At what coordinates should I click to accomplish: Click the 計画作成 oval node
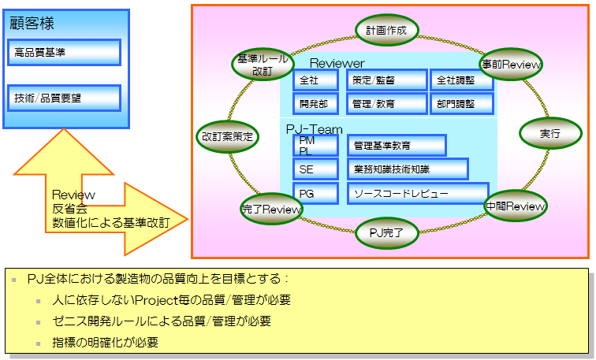click(x=386, y=31)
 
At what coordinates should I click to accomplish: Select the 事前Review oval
click(x=509, y=65)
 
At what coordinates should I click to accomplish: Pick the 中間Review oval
click(x=515, y=206)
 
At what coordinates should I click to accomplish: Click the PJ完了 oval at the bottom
click(x=386, y=232)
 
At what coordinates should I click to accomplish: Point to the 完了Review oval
click(x=271, y=209)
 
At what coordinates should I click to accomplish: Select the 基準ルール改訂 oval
click(x=263, y=65)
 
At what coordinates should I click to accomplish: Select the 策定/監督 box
click(x=386, y=80)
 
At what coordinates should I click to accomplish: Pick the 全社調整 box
click(x=462, y=80)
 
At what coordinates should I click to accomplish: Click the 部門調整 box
click(x=462, y=103)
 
